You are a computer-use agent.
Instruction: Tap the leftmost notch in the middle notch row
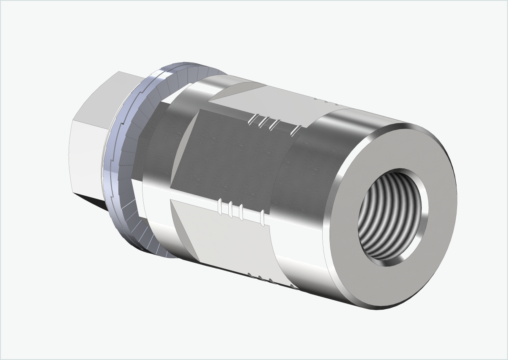tap(221, 207)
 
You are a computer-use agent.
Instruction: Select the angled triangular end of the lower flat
tap(184, 229)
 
